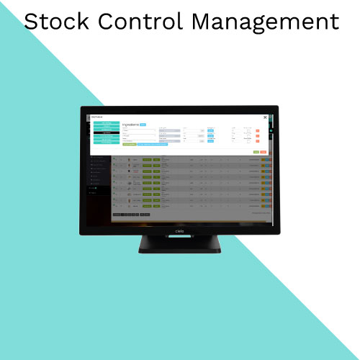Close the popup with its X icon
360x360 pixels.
tap(264, 117)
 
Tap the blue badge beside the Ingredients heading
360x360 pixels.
tap(143, 124)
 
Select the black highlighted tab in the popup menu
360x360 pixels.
tap(107, 132)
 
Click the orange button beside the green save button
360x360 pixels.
tap(264, 152)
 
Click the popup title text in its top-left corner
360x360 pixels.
tap(96, 115)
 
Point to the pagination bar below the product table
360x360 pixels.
tap(131, 215)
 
